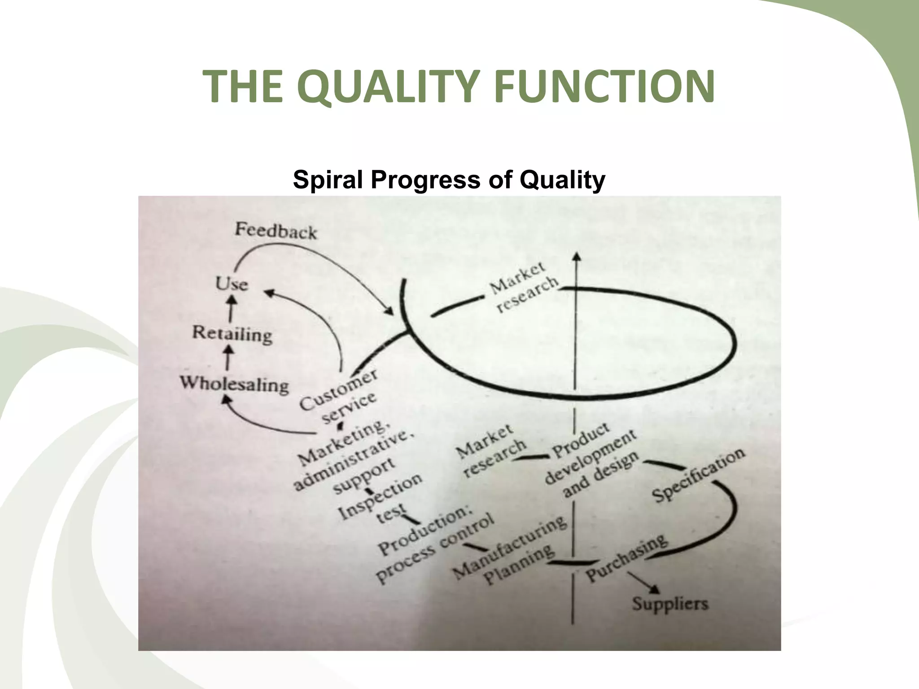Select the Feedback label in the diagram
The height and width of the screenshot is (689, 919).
[x=276, y=231]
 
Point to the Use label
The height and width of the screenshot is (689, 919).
[x=232, y=284]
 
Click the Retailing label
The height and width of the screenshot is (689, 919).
[x=232, y=334]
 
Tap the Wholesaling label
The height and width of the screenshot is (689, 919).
[x=234, y=384]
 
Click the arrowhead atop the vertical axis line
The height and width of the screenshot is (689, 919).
[x=577, y=256]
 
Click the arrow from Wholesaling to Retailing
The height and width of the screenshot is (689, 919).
[x=229, y=358]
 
